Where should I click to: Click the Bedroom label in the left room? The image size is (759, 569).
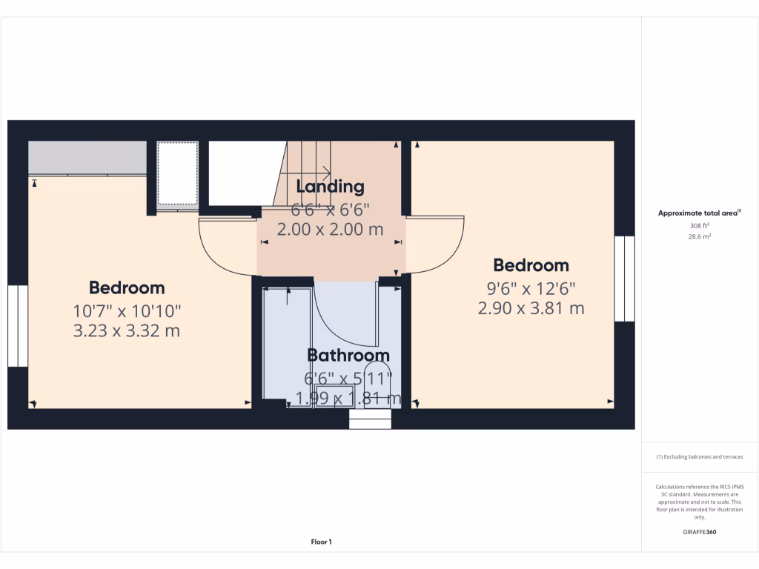click(127, 287)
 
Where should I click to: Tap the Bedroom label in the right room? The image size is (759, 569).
click(531, 265)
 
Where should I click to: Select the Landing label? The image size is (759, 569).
click(330, 187)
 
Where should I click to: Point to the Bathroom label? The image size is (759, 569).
click(348, 355)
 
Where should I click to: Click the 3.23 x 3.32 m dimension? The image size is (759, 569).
click(127, 330)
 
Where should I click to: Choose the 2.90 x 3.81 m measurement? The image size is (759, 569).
click(531, 308)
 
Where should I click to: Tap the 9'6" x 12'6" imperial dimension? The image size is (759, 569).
click(531, 287)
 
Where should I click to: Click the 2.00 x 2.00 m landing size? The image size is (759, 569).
click(330, 230)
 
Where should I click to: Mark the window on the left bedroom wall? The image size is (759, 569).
click(18, 326)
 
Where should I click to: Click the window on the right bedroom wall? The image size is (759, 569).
click(624, 279)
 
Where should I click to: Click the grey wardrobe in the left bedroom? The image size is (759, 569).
click(87, 158)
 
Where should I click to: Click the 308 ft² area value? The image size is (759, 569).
click(700, 225)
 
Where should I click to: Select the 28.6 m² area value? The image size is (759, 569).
click(700, 236)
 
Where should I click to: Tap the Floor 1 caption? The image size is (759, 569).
click(321, 542)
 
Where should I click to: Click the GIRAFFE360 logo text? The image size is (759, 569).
click(700, 532)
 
